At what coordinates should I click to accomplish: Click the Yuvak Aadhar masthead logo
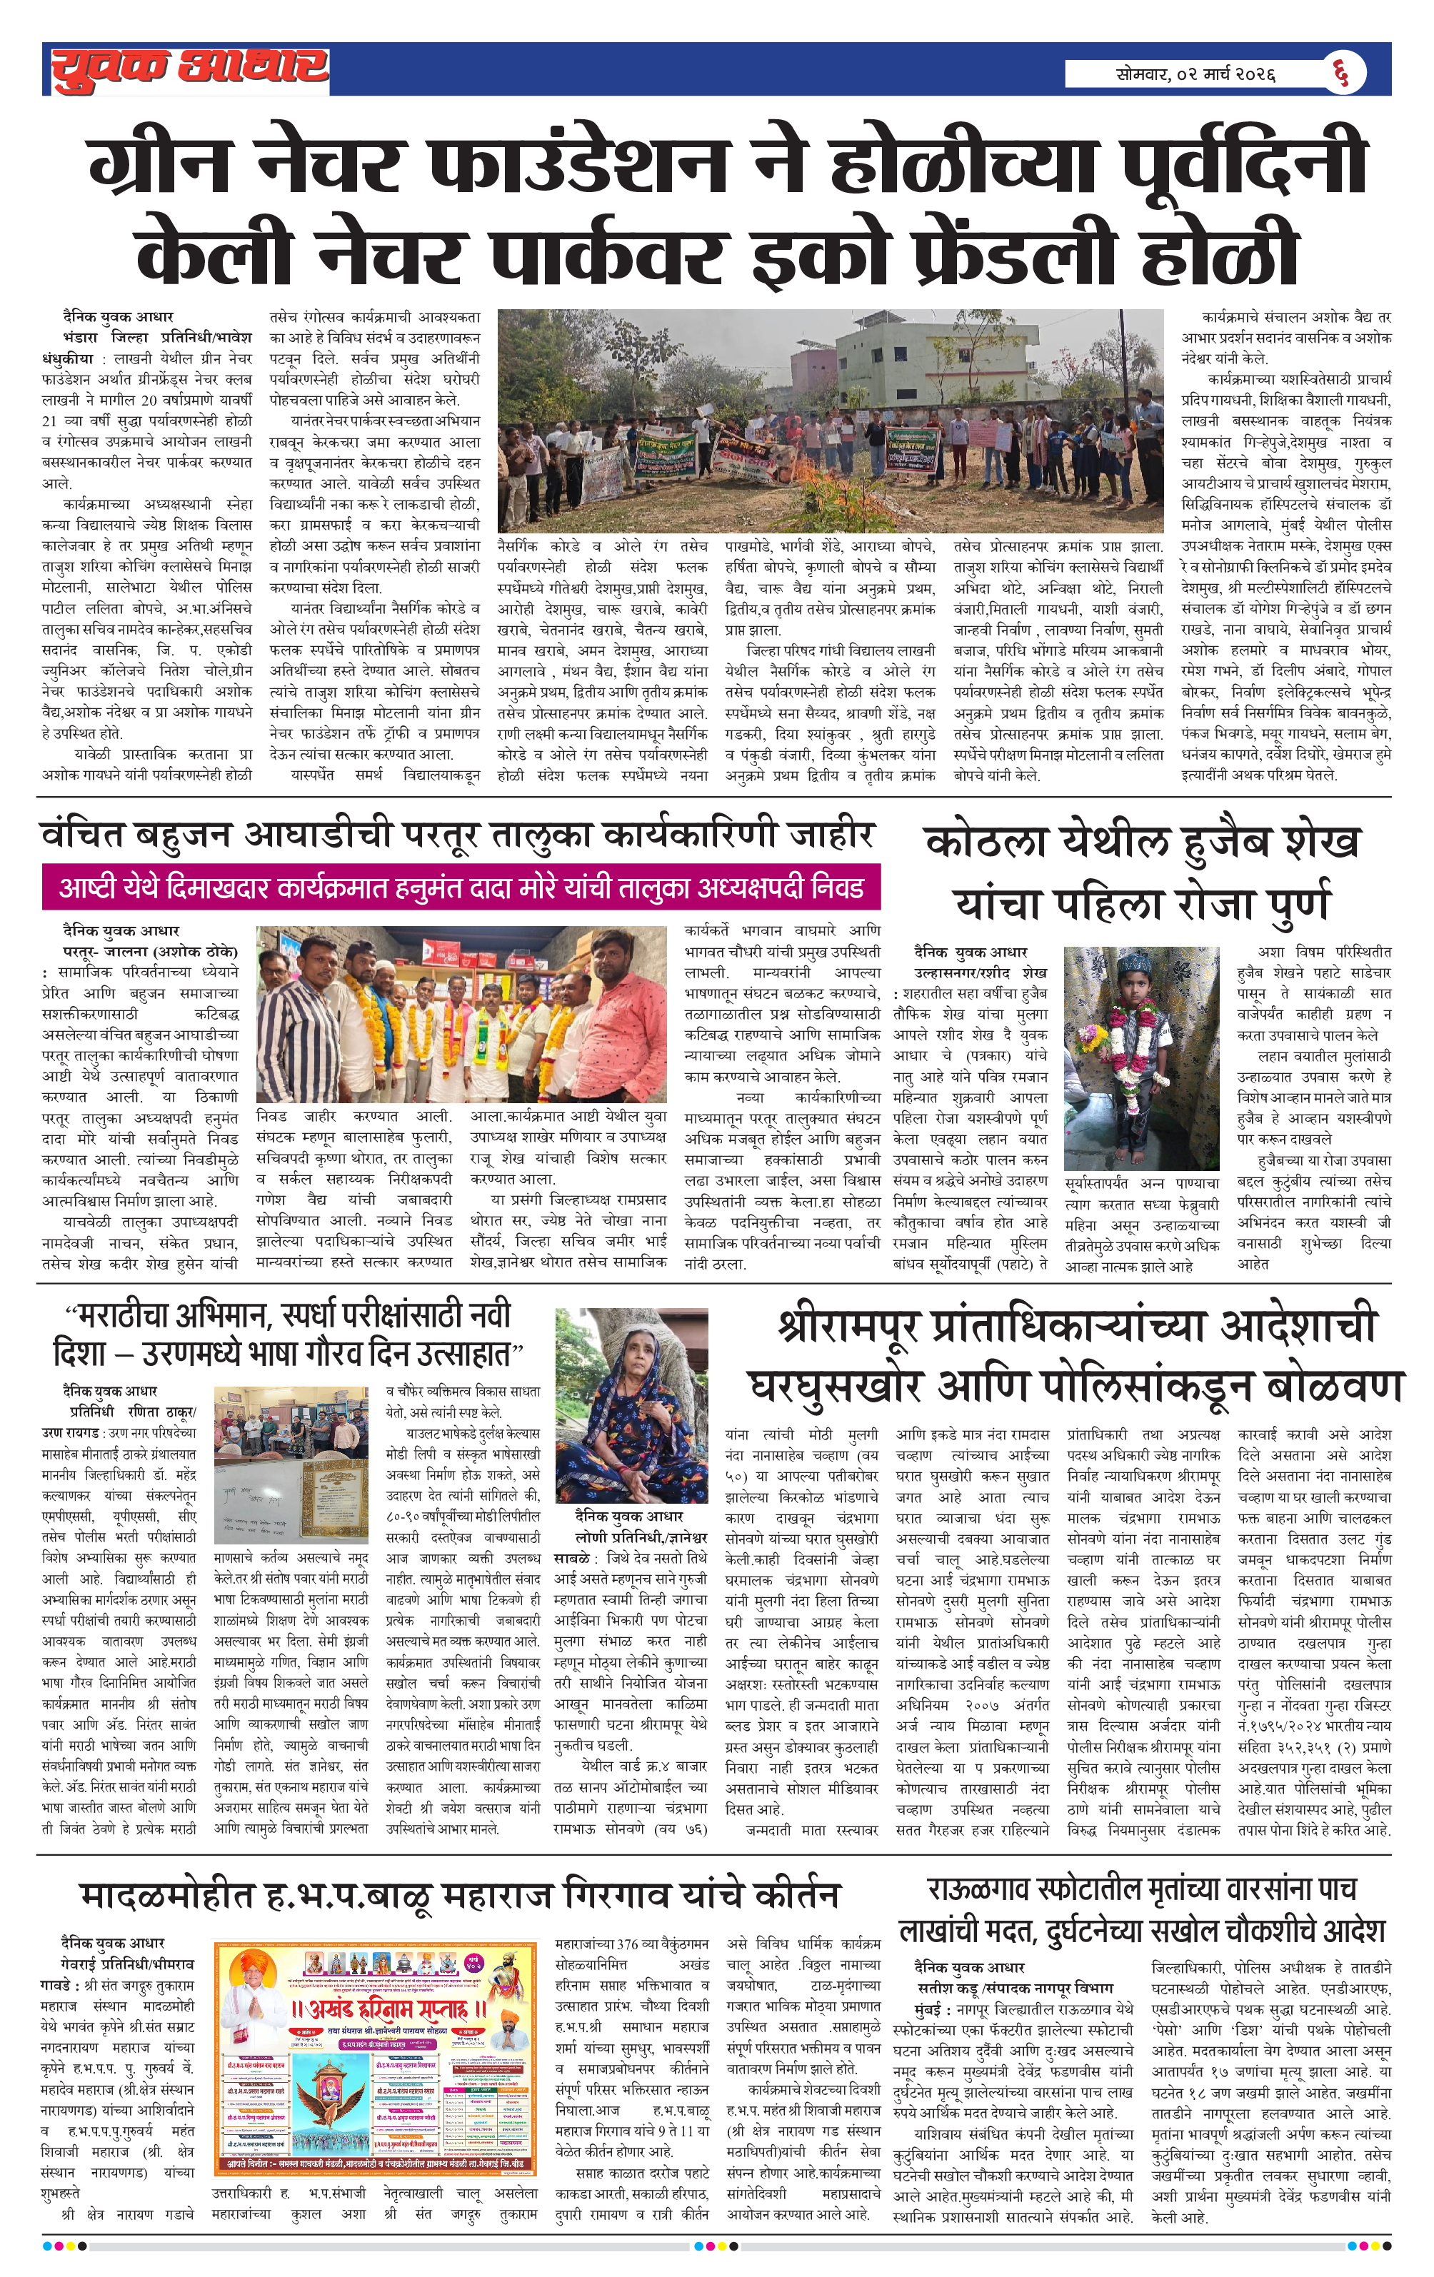189,69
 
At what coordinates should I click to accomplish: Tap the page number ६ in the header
1340,72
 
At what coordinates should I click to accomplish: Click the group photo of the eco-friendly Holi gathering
830,420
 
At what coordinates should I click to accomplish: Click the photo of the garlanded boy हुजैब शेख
1140,1057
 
